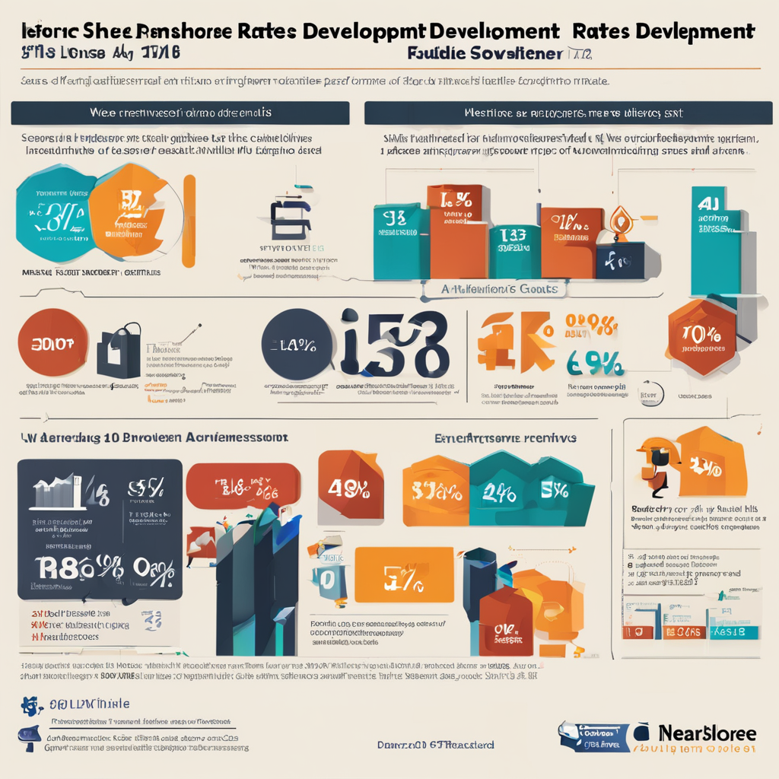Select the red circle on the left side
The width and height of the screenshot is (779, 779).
(48, 342)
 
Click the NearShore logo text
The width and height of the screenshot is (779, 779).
(705, 733)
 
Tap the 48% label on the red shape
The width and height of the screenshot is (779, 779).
(348, 486)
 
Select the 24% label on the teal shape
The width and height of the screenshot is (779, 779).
(500, 494)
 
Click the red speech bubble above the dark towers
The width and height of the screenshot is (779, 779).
(242, 486)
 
